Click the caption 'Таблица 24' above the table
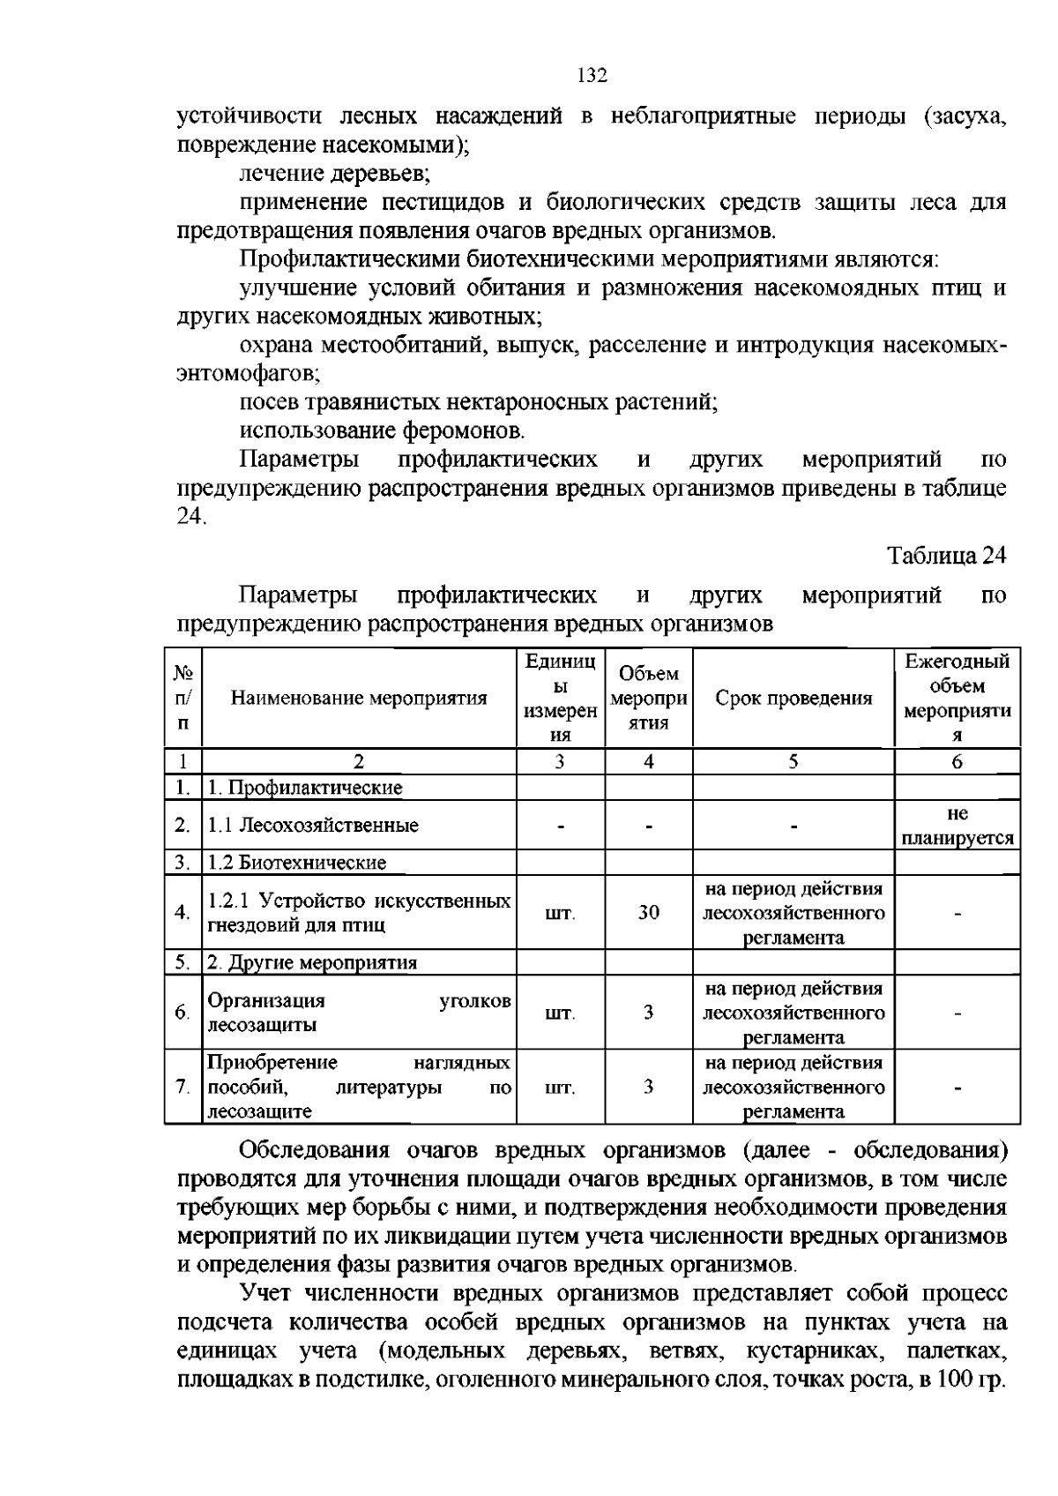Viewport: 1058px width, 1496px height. [946, 556]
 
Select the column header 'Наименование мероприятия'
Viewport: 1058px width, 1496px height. [359, 699]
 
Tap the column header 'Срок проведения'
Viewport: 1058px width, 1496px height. [793, 699]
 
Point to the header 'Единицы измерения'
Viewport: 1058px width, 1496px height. [560, 699]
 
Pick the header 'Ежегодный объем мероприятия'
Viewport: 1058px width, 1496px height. [957, 699]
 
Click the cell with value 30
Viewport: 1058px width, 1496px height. [648, 913]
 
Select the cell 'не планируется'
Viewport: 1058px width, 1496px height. [957, 826]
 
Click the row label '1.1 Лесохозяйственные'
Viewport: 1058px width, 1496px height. [313, 826]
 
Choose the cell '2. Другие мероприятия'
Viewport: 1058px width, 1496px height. [311, 962]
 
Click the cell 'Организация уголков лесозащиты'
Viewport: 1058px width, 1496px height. [359, 1013]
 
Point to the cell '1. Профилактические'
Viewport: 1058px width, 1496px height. [304, 788]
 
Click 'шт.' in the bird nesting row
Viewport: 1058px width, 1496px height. [560, 913]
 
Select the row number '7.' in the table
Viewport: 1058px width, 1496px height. [183, 1087]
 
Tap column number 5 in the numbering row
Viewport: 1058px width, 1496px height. [793, 762]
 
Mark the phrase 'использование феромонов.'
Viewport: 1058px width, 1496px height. [383, 431]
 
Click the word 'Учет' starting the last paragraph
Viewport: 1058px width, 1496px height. [265, 1294]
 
